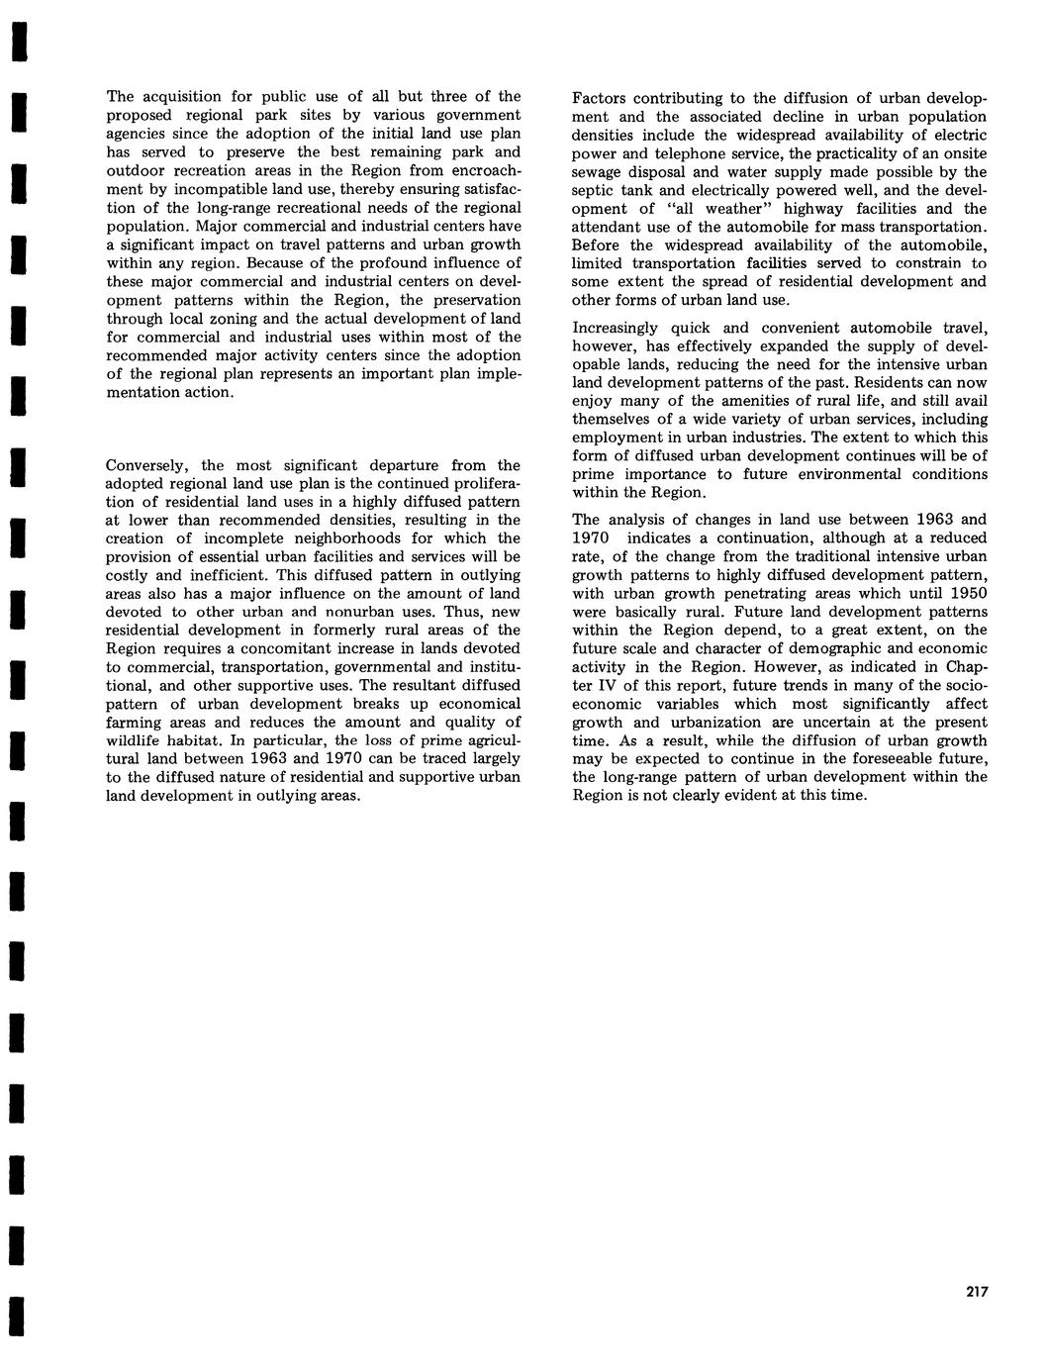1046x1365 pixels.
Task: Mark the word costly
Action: pos(129,575)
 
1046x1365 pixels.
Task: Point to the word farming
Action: pos(134,722)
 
